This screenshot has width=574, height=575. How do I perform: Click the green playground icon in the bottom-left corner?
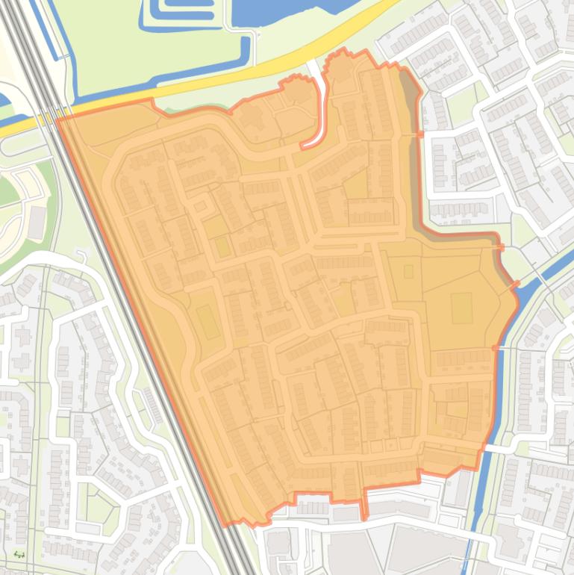pos(18,555)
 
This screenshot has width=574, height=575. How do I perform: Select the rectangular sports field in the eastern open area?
pos(461,308)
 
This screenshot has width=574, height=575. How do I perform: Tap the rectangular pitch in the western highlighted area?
pos(208,321)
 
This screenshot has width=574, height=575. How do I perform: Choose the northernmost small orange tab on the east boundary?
pos(420,134)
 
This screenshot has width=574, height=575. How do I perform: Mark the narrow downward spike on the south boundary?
pos(364,508)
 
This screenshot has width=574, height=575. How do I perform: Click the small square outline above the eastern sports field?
pos(408,271)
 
